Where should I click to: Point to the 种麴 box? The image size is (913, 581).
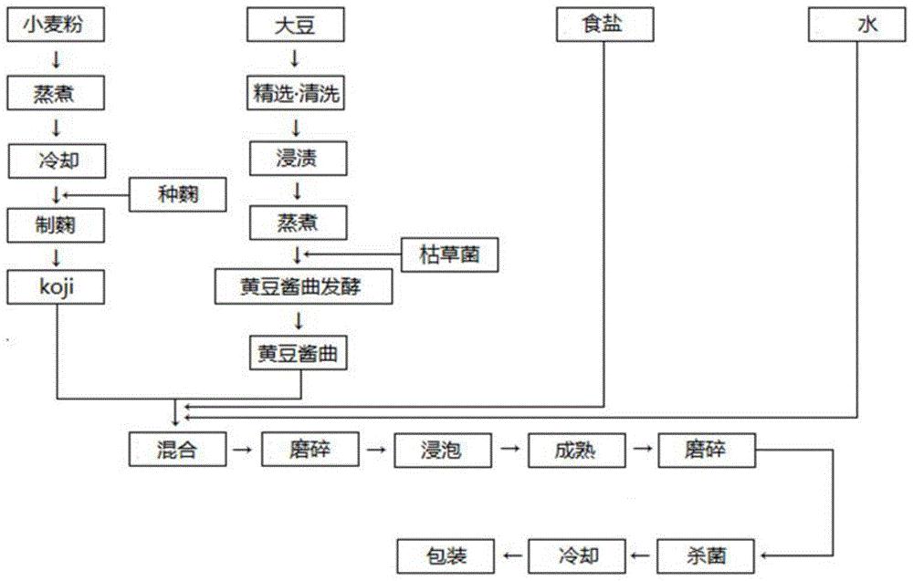pyautogui.click(x=178, y=193)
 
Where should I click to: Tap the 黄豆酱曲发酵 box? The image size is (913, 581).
pyautogui.click(x=304, y=287)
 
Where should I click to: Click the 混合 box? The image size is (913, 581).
pyautogui.click(x=176, y=448)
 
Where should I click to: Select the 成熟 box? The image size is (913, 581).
pyautogui.click(x=574, y=449)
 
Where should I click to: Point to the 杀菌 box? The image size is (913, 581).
pyautogui.click(x=707, y=552)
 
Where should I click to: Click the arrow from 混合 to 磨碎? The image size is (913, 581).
pyautogui.click(x=241, y=449)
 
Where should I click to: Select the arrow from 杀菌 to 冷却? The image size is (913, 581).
pyautogui.click(x=640, y=553)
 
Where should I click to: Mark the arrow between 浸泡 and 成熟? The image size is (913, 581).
pyautogui.click(x=509, y=449)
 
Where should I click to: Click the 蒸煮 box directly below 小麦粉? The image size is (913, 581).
pyautogui.click(x=56, y=93)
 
